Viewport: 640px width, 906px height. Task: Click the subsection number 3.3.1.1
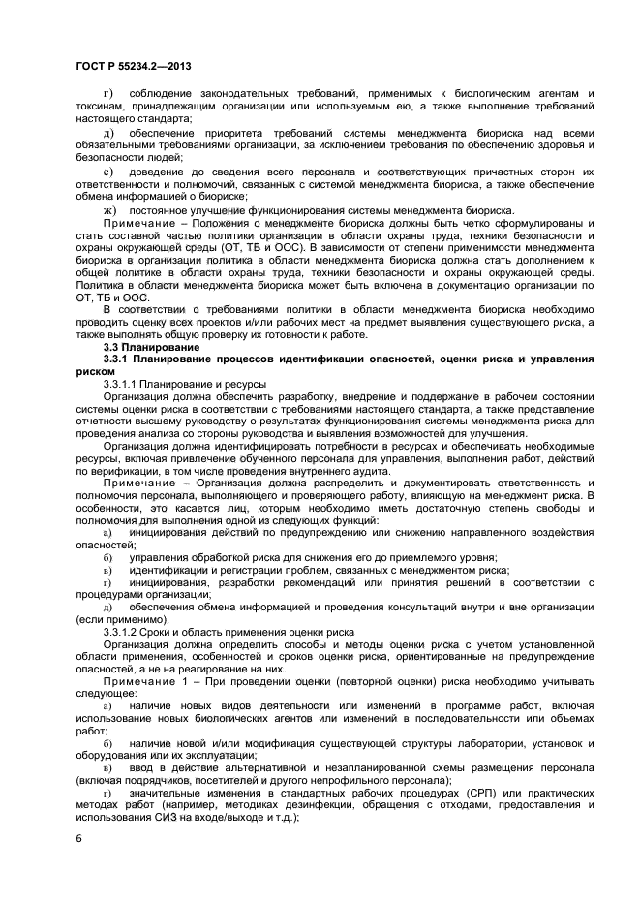(x=123, y=385)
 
